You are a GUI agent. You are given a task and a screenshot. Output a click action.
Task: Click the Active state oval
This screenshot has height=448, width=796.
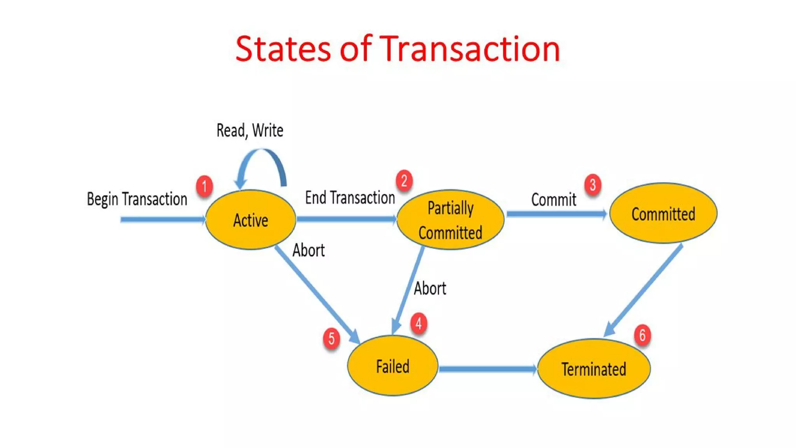250,220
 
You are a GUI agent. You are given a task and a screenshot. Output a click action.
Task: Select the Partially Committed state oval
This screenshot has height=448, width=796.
450,220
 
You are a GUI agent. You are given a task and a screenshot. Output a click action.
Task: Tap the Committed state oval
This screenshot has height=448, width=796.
663,213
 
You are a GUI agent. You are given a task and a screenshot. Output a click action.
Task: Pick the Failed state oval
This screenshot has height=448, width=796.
392,366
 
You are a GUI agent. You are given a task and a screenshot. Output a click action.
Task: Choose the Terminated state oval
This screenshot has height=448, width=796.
594,369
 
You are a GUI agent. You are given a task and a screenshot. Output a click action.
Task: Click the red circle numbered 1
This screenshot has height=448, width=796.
204,186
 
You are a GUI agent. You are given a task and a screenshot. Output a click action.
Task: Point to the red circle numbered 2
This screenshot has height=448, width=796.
404,181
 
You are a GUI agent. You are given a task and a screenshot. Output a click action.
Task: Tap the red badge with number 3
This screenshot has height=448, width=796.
593,185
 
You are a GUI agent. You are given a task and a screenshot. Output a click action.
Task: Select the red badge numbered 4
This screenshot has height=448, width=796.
419,323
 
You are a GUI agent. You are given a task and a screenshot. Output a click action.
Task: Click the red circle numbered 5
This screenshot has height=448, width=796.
331,338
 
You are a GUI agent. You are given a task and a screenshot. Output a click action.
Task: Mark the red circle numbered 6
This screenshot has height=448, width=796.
642,335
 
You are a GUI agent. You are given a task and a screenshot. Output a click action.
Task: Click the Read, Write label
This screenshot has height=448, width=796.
250,130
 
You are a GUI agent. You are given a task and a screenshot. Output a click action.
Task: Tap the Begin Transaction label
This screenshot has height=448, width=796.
137,199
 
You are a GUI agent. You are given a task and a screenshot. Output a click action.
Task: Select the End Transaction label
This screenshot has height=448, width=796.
350,198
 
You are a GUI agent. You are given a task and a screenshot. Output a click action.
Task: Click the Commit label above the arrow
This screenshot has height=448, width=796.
553,200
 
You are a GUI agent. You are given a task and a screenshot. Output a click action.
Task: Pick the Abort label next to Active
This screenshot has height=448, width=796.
308,250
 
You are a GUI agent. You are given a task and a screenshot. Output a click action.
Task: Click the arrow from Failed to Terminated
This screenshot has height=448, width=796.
487,369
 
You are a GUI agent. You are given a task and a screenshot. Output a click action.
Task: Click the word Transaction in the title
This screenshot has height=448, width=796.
469,49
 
